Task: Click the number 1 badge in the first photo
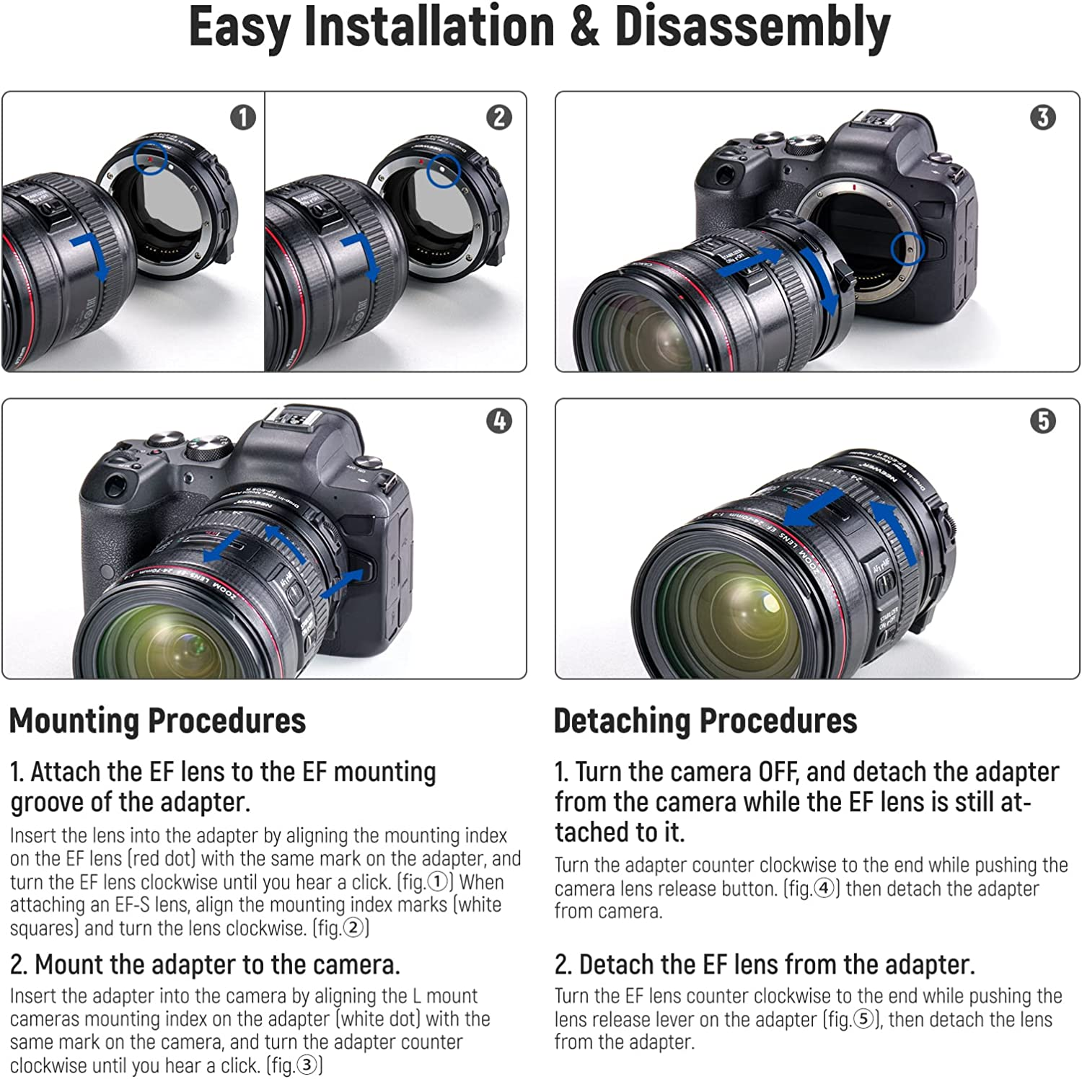[x=243, y=117]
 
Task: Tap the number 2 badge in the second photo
[x=499, y=117]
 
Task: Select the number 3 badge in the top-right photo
[x=1043, y=117]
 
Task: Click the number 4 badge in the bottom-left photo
[x=499, y=420]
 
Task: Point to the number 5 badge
[x=1043, y=420]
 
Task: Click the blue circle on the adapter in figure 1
[x=151, y=157]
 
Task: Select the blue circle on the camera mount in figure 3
[x=907, y=248]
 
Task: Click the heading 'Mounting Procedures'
[x=157, y=721]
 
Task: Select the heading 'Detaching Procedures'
[x=705, y=721]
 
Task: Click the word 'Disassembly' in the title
[x=752, y=27]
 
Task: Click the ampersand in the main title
[x=584, y=27]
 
